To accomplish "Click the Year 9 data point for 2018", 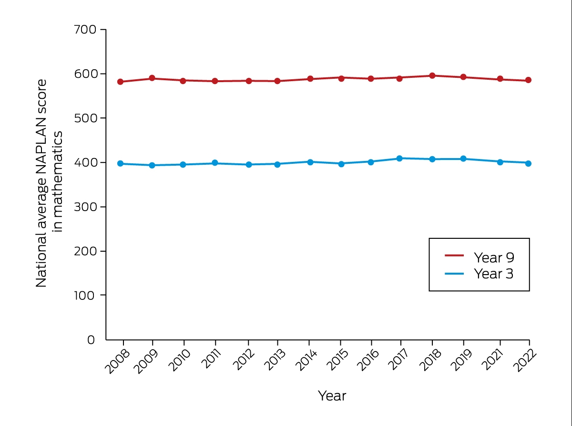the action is click(432, 76).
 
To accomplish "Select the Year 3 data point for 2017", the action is click(399, 158).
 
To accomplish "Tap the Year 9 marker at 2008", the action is click(120, 82).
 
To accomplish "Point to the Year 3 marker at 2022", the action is click(528, 163).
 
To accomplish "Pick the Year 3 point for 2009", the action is click(152, 165).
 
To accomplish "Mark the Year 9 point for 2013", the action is click(277, 81).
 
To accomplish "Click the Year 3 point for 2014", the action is click(310, 162).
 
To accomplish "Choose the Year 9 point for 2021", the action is click(500, 79).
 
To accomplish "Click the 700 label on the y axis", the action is click(85, 30).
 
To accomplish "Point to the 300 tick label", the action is click(85, 207).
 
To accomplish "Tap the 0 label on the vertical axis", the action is click(91, 340).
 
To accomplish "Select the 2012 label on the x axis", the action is click(244, 360).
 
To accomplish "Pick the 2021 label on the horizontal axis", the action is click(492, 360).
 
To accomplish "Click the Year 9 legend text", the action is click(494, 257).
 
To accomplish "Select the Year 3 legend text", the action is click(494, 274).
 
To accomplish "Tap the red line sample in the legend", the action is click(454, 256).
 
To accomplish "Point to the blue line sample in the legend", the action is click(454, 274).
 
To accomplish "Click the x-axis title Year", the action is click(332, 396).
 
